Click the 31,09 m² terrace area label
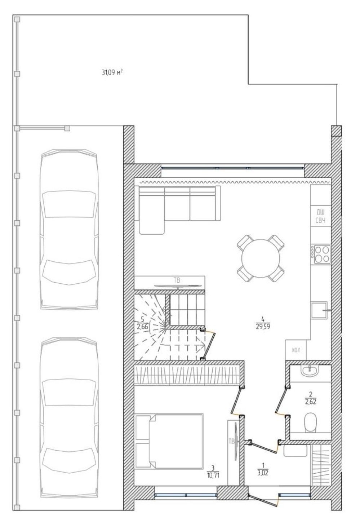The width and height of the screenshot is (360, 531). pyautogui.click(x=112, y=72)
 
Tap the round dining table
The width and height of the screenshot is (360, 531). pyautogui.click(x=261, y=258)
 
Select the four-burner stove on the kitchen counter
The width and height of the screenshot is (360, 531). pyautogui.click(x=321, y=254)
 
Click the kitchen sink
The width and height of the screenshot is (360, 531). pyautogui.click(x=319, y=310)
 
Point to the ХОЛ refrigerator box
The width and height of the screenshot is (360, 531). pyautogui.click(x=296, y=350)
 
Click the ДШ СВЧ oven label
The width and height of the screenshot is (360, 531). pyautogui.click(x=320, y=216)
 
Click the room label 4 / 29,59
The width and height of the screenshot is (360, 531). pyautogui.click(x=263, y=323)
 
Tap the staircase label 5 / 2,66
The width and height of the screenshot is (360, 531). pyautogui.click(x=143, y=323)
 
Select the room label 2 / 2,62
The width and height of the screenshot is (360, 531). pyautogui.click(x=311, y=398)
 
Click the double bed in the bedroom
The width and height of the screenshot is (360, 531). pyautogui.click(x=169, y=441)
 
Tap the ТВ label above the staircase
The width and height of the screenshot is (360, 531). pyautogui.click(x=177, y=280)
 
